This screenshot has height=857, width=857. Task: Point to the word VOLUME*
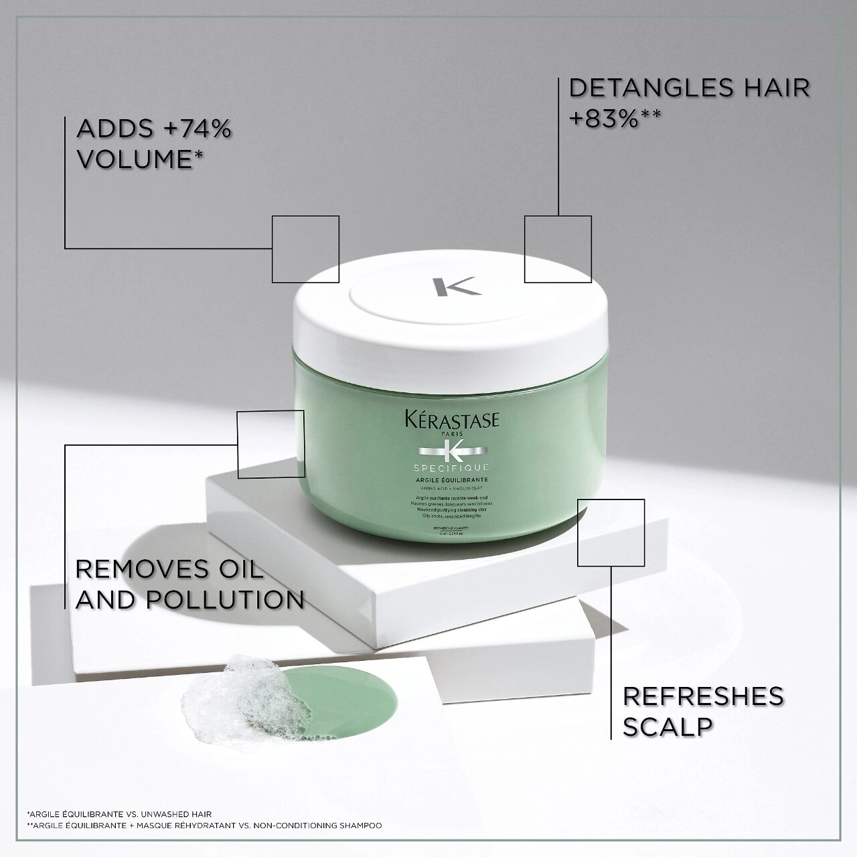click(x=140, y=159)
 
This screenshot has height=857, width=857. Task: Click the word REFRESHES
click(x=703, y=696)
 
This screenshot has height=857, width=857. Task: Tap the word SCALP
click(x=668, y=726)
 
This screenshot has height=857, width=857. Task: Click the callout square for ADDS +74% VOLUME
click(x=305, y=249)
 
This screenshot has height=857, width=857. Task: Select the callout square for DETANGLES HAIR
click(x=558, y=249)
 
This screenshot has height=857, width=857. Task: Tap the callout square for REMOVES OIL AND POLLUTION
click(x=271, y=445)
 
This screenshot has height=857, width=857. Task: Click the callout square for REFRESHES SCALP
click(x=611, y=532)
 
